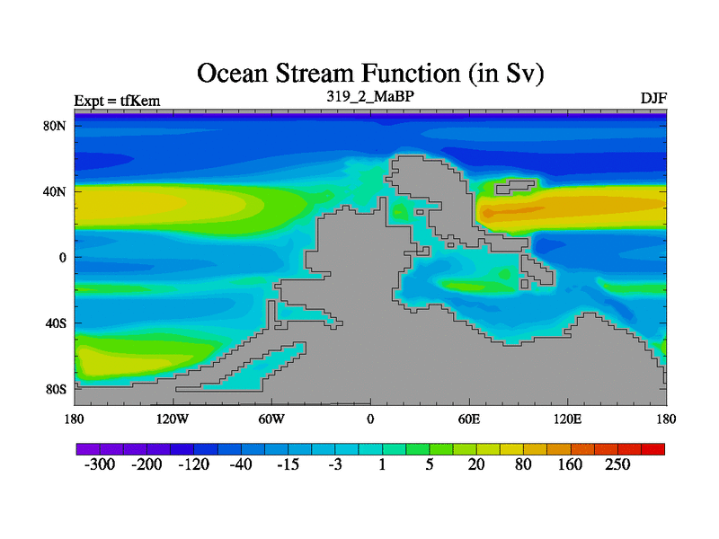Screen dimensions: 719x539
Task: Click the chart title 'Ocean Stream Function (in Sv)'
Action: (370, 74)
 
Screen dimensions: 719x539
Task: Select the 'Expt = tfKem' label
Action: (118, 101)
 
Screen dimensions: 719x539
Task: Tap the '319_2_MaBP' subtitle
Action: (370, 96)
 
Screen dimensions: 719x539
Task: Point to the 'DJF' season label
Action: (654, 98)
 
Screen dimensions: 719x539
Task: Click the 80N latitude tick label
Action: (55, 126)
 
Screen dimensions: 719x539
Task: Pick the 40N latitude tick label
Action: (55, 191)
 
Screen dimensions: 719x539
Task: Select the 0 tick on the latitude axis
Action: (62, 258)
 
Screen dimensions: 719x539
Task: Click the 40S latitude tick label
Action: (56, 323)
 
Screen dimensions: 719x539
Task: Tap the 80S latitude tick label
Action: (56, 390)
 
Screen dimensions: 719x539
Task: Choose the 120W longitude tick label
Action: (173, 419)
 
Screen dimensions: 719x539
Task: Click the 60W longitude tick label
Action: (271, 419)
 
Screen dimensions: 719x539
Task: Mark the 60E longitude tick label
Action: (469, 419)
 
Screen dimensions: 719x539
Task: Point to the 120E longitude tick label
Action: (568, 419)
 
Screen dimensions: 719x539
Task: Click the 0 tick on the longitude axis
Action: (370, 419)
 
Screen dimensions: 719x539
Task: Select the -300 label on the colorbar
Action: (100, 464)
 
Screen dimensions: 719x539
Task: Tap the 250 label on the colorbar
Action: (617, 464)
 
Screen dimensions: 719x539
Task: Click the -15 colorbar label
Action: (288, 464)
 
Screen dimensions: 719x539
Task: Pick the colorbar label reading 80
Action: (523, 464)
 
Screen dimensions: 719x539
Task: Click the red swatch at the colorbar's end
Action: (653, 449)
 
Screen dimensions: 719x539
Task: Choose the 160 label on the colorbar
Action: (570, 464)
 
